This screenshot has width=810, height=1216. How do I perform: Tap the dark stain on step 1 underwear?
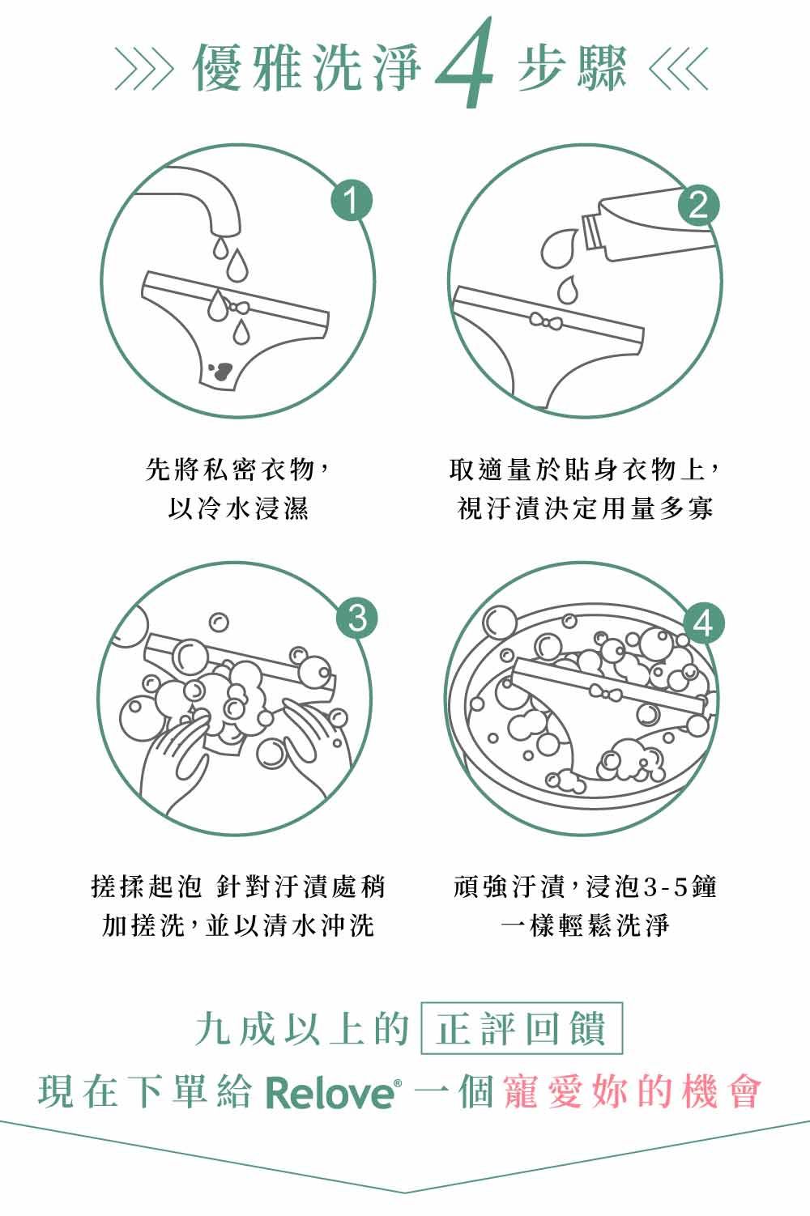pyautogui.click(x=219, y=371)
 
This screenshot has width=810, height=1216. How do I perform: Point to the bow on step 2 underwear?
pyautogui.click(x=548, y=321)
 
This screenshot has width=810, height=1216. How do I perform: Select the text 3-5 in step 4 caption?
pyautogui.click(x=664, y=887)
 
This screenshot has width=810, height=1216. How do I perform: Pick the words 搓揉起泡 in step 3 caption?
pyautogui.click(x=146, y=887)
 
